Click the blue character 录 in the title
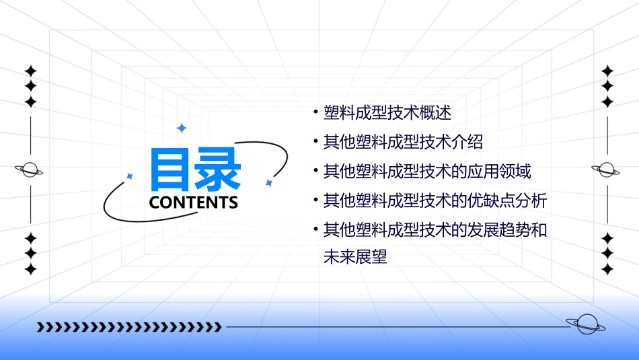click(217, 169)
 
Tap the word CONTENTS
click(193, 203)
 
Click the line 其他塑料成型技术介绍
click(403, 142)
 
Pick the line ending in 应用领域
click(427, 172)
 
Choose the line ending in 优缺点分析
click(435, 201)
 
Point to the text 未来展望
click(356, 257)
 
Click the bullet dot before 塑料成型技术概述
click(315, 112)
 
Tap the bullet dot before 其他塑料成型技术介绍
click(315, 142)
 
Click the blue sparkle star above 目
click(180, 127)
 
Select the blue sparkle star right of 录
click(268, 182)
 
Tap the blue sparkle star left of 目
click(130, 176)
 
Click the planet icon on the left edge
click(30, 170)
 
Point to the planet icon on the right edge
click(607, 170)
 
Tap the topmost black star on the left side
click(30, 71)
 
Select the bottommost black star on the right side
click(607, 269)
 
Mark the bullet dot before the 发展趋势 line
click(315, 229)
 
